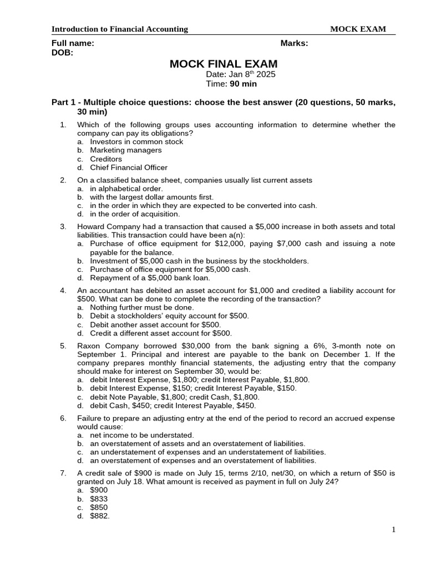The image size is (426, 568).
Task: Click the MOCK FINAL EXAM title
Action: (x=224, y=64)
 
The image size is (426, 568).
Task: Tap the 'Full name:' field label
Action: (x=73, y=43)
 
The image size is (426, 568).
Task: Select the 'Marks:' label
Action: (x=295, y=43)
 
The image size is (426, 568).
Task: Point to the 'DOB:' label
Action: (x=62, y=53)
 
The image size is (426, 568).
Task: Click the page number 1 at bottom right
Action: (x=394, y=530)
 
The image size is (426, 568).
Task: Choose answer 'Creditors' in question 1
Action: (x=106, y=159)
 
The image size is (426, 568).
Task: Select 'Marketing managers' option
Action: (x=126, y=150)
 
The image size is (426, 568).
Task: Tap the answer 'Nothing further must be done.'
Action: (x=142, y=307)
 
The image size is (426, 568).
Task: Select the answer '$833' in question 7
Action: (x=99, y=499)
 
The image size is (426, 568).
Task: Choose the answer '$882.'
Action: (x=100, y=516)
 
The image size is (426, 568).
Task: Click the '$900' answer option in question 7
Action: (x=99, y=490)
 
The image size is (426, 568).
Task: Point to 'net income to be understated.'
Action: (x=142, y=435)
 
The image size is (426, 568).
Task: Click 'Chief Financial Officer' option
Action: (x=129, y=168)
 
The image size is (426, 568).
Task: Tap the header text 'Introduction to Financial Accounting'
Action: (x=120, y=29)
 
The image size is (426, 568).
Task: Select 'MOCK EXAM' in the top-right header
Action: (x=358, y=29)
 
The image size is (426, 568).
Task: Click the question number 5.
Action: (x=63, y=346)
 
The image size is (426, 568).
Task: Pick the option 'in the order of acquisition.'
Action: (x=135, y=214)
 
